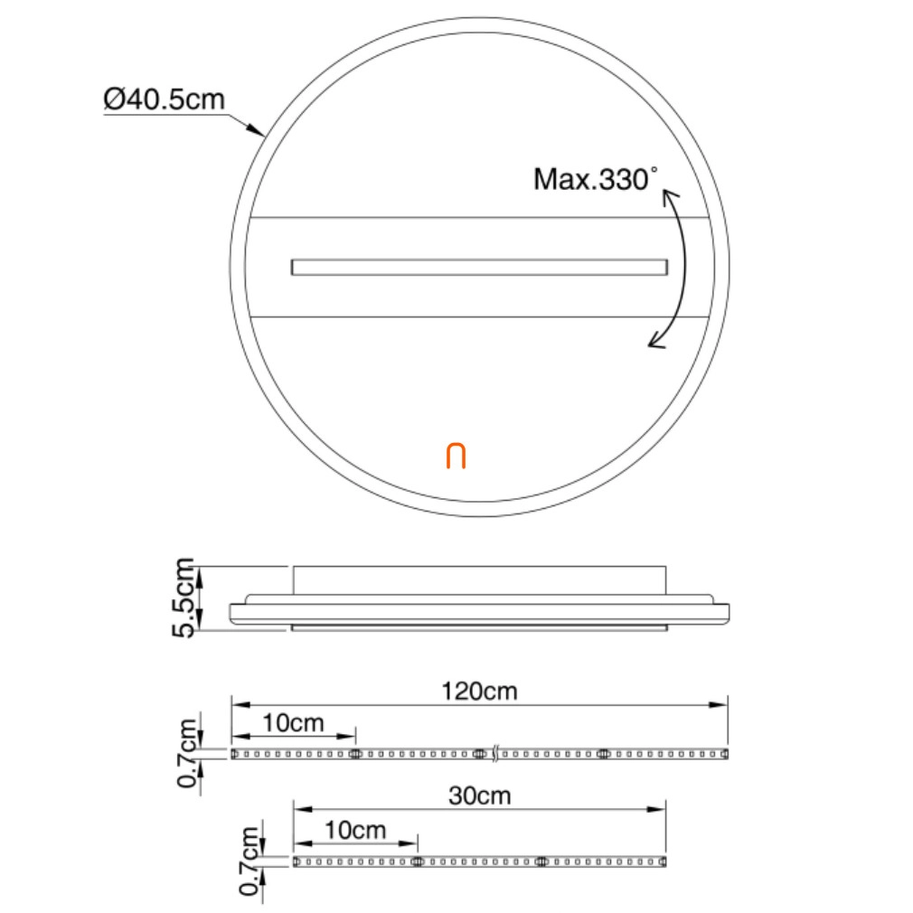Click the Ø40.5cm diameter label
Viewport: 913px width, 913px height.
point(165,99)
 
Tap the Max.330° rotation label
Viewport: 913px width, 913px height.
point(596,179)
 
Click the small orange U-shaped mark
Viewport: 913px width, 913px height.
point(456,456)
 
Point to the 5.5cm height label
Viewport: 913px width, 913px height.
point(184,598)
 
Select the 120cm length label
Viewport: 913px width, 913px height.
point(479,692)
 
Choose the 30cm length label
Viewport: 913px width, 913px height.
point(480,795)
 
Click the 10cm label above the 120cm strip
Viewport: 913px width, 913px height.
point(293,723)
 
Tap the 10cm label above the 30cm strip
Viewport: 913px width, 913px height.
point(355,830)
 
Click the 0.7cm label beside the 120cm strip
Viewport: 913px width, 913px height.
point(188,753)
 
